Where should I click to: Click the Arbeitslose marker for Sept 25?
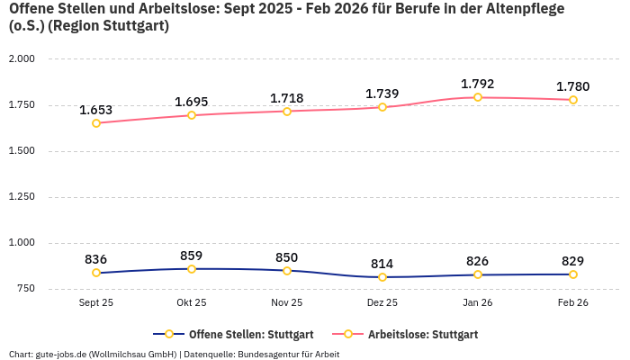(x=96, y=122)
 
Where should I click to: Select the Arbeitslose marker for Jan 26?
(x=478, y=97)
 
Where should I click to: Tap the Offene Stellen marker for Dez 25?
(x=382, y=277)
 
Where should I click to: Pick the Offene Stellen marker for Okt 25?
(x=192, y=269)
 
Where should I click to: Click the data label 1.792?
(x=478, y=84)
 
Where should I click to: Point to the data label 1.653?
(x=96, y=110)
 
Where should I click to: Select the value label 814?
(x=382, y=264)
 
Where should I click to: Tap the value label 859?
(x=192, y=256)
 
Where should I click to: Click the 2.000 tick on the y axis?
(x=21, y=58)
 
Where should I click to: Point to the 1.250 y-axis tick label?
(x=21, y=196)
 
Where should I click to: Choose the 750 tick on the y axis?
(x=24, y=288)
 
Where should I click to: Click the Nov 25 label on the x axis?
(x=287, y=303)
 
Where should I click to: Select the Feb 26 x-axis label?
(x=573, y=303)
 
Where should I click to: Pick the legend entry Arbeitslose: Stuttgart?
(x=423, y=334)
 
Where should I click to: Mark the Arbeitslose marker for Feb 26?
(x=573, y=100)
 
